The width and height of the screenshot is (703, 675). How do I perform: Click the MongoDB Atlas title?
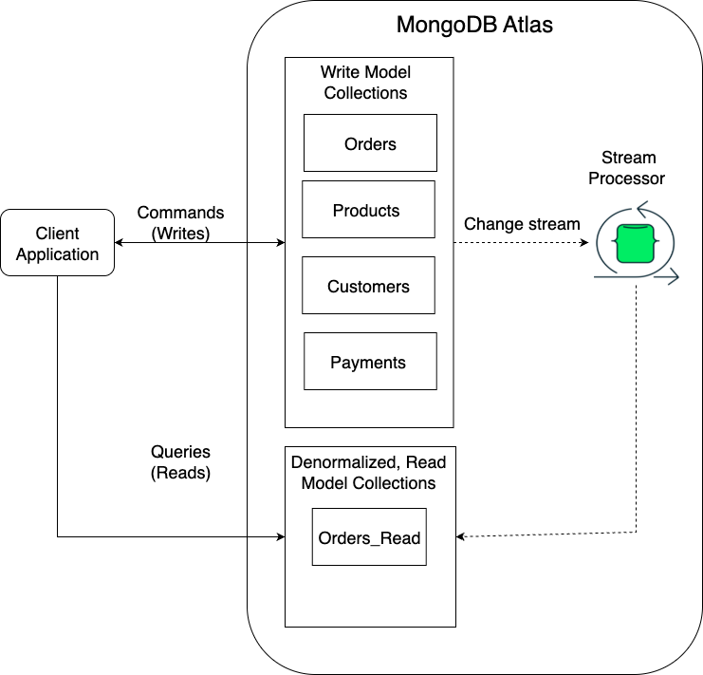click(x=474, y=25)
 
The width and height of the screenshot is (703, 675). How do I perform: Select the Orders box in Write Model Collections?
click(x=370, y=143)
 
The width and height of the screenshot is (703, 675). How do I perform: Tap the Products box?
click(x=367, y=210)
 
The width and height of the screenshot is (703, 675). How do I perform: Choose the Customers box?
click(x=368, y=286)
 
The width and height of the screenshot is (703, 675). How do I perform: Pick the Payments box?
click(x=369, y=362)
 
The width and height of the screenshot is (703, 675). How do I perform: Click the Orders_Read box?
click(x=369, y=537)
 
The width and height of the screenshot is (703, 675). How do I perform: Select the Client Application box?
click(x=57, y=244)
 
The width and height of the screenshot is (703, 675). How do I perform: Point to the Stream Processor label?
click(x=627, y=167)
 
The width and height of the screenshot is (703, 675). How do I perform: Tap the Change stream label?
click(x=522, y=224)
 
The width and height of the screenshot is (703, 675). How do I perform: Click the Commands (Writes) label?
click(x=181, y=223)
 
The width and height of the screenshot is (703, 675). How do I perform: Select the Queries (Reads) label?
click(x=180, y=462)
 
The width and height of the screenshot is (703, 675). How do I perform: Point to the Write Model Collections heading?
click(x=366, y=83)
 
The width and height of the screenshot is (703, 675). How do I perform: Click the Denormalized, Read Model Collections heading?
click(x=369, y=473)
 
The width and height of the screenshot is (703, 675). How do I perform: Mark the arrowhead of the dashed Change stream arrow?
click(x=583, y=243)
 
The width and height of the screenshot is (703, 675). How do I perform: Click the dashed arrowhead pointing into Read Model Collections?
click(x=461, y=537)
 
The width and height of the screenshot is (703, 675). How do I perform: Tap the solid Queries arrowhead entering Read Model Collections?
click(x=280, y=537)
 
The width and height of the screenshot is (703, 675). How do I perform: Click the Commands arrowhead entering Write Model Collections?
click(x=280, y=243)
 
